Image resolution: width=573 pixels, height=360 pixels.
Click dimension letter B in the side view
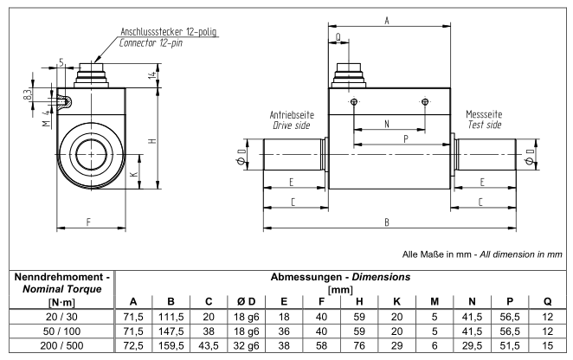tap(386, 222)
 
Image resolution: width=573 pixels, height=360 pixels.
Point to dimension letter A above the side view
tap(386, 19)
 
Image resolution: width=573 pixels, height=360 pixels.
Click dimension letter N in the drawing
tap(386, 125)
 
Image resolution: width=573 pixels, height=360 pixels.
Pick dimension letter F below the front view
tap(91, 222)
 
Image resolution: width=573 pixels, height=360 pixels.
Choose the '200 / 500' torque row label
tap(58, 349)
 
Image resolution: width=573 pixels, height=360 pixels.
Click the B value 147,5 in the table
tap(172, 333)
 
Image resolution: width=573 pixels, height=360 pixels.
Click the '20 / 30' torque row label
tap(58, 318)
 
